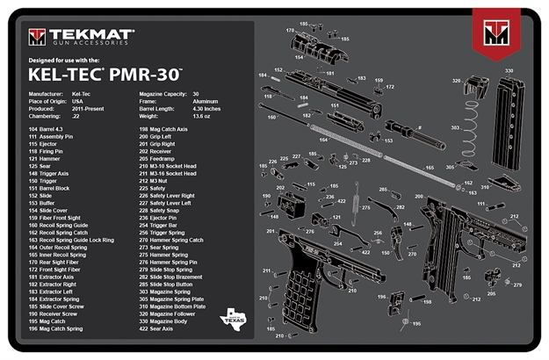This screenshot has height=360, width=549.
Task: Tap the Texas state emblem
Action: point(233,318)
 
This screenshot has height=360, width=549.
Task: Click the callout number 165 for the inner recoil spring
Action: point(430,167)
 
